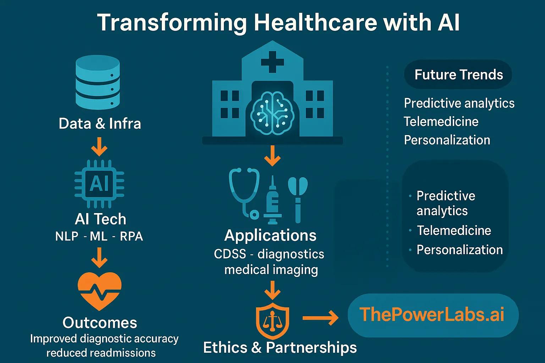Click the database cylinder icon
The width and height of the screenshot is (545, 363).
98,83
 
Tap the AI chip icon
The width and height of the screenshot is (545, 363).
99,184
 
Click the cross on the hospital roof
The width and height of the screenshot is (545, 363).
272,62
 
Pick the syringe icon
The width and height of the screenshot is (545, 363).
273,200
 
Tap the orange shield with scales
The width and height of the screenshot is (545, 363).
272,321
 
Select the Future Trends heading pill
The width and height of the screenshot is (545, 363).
458,74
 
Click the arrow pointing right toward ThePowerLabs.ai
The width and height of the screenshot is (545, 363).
320,318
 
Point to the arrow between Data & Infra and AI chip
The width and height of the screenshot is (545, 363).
99,147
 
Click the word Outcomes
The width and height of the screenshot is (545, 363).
100,323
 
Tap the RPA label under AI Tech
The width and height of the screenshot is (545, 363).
131,236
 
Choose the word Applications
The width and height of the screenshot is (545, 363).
270,236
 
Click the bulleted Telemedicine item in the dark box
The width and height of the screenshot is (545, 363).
454,230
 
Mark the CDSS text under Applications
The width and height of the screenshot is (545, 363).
230,254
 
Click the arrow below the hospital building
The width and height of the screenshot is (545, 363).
272,156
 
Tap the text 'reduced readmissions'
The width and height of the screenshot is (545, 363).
101,353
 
